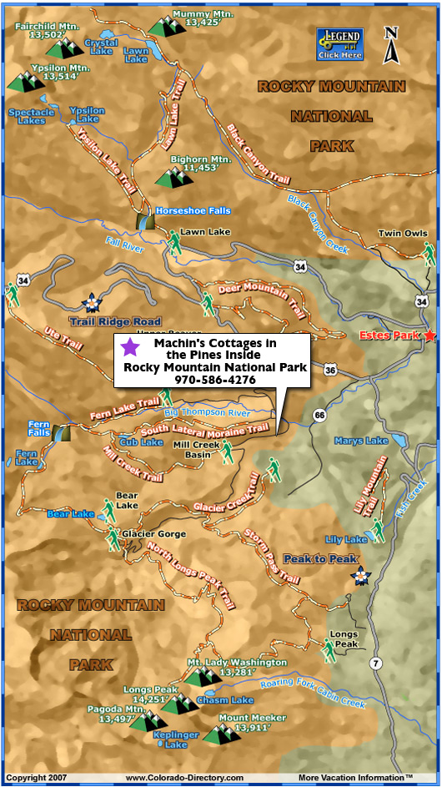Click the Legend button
pyautogui.click(x=339, y=44)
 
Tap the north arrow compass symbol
pyautogui.click(x=389, y=45)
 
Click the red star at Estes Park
pyautogui.click(x=429, y=335)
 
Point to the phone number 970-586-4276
pyautogui.click(x=214, y=380)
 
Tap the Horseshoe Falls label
pyautogui.click(x=193, y=211)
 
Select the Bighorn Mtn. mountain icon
pyautogui.click(x=174, y=176)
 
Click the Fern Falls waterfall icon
pyautogui.click(x=62, y=431)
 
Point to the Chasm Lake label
pyautogui.click(x=230, y=699)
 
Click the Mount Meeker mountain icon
pyautogui.click(x=222, y=734)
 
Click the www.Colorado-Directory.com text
pyautogui.click(x=184, y=778)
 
